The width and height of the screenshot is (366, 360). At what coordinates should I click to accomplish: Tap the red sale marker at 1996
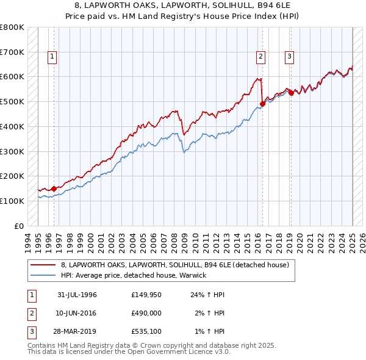pos(54,189)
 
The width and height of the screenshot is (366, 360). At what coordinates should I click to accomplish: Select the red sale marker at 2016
pos(262,104)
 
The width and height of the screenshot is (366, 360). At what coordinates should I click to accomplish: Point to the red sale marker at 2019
pos(292,93)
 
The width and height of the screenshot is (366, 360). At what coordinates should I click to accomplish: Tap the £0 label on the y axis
pos(19,226)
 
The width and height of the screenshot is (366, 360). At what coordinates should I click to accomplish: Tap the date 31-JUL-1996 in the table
pos(77,295)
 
